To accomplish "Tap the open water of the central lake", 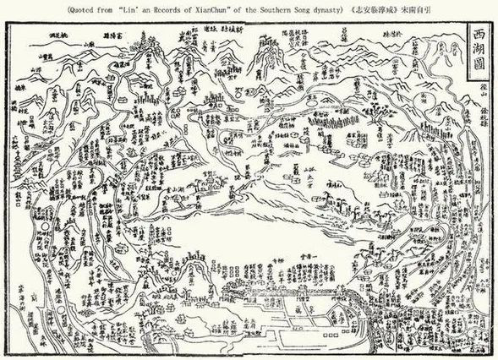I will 279,228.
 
